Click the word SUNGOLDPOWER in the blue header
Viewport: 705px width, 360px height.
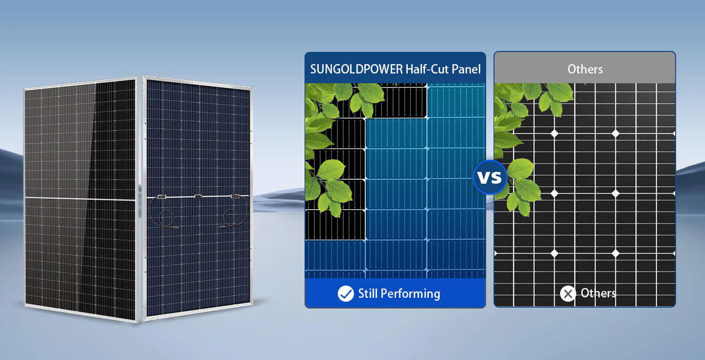point(356,69)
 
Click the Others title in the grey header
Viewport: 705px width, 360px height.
point(585,69)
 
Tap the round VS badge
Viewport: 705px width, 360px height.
point(490,177)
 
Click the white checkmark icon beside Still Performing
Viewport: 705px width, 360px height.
point(346,293)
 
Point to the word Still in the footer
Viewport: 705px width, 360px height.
point(368,293)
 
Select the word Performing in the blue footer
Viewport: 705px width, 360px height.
point(410,294)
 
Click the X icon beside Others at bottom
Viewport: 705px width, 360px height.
point(568,294)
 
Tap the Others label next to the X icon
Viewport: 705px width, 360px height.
point(598,293)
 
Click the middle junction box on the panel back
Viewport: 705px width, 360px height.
point(198,197)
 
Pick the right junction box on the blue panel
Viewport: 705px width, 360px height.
point(235,196)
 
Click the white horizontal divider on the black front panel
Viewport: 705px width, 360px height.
point(80,199)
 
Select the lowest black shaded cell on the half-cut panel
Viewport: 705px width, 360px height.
point(335,225)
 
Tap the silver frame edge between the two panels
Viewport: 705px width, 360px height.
point(140,198)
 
